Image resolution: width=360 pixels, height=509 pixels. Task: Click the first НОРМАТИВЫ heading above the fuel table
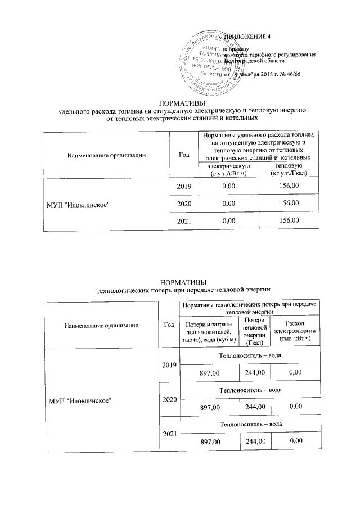182,102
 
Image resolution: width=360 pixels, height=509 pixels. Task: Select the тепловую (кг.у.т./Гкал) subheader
287,170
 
